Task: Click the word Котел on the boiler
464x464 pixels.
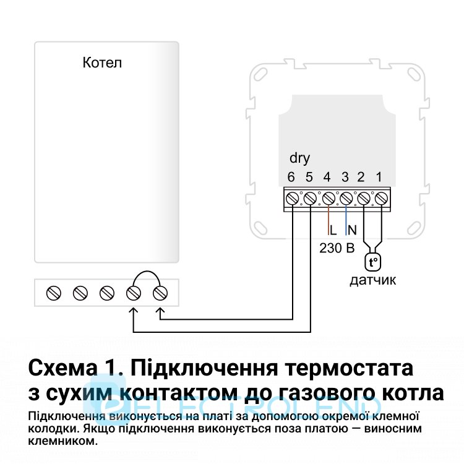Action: point(102,62)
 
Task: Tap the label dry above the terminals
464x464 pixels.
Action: point(299,158)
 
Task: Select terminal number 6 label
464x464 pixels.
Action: point(291,177)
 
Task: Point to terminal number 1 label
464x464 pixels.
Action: point(379,177)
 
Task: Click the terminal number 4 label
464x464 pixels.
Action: point(327,177)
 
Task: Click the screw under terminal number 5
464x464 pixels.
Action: point(310,198)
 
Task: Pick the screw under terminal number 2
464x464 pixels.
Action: point(364,198)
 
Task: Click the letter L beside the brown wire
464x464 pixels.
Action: point(333,230)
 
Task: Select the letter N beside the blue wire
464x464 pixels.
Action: point(352,230)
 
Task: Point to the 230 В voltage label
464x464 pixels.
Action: point(337,248)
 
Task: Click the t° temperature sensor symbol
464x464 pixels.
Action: point(373,262)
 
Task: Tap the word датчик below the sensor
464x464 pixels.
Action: point(373,280)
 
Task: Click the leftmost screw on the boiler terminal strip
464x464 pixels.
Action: point(54,293)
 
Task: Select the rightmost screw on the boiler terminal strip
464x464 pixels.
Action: point(160,293)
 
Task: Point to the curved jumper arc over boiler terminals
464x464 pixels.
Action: point(147,278)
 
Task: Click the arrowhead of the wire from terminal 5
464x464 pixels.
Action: point(134,311)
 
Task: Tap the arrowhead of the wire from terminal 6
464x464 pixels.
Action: point(160,311)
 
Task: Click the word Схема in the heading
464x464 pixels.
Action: point(62,367)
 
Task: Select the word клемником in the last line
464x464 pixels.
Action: point(62,441)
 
